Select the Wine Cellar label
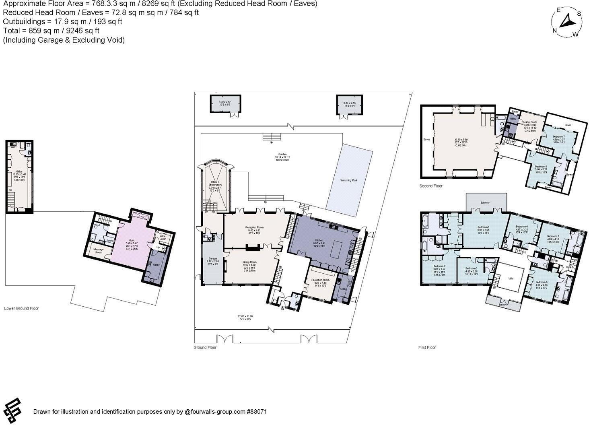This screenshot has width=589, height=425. click(163, 237)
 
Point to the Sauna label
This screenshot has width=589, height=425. click(109, 241)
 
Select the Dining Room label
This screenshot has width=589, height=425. click(249, 262)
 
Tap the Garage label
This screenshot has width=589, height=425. click(212, 258)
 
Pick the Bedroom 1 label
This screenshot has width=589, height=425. click(483, 228)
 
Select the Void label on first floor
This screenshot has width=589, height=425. click(511, 278)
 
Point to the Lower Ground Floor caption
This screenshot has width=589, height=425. click(21, 309)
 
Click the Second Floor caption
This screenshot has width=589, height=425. click(430, 186)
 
